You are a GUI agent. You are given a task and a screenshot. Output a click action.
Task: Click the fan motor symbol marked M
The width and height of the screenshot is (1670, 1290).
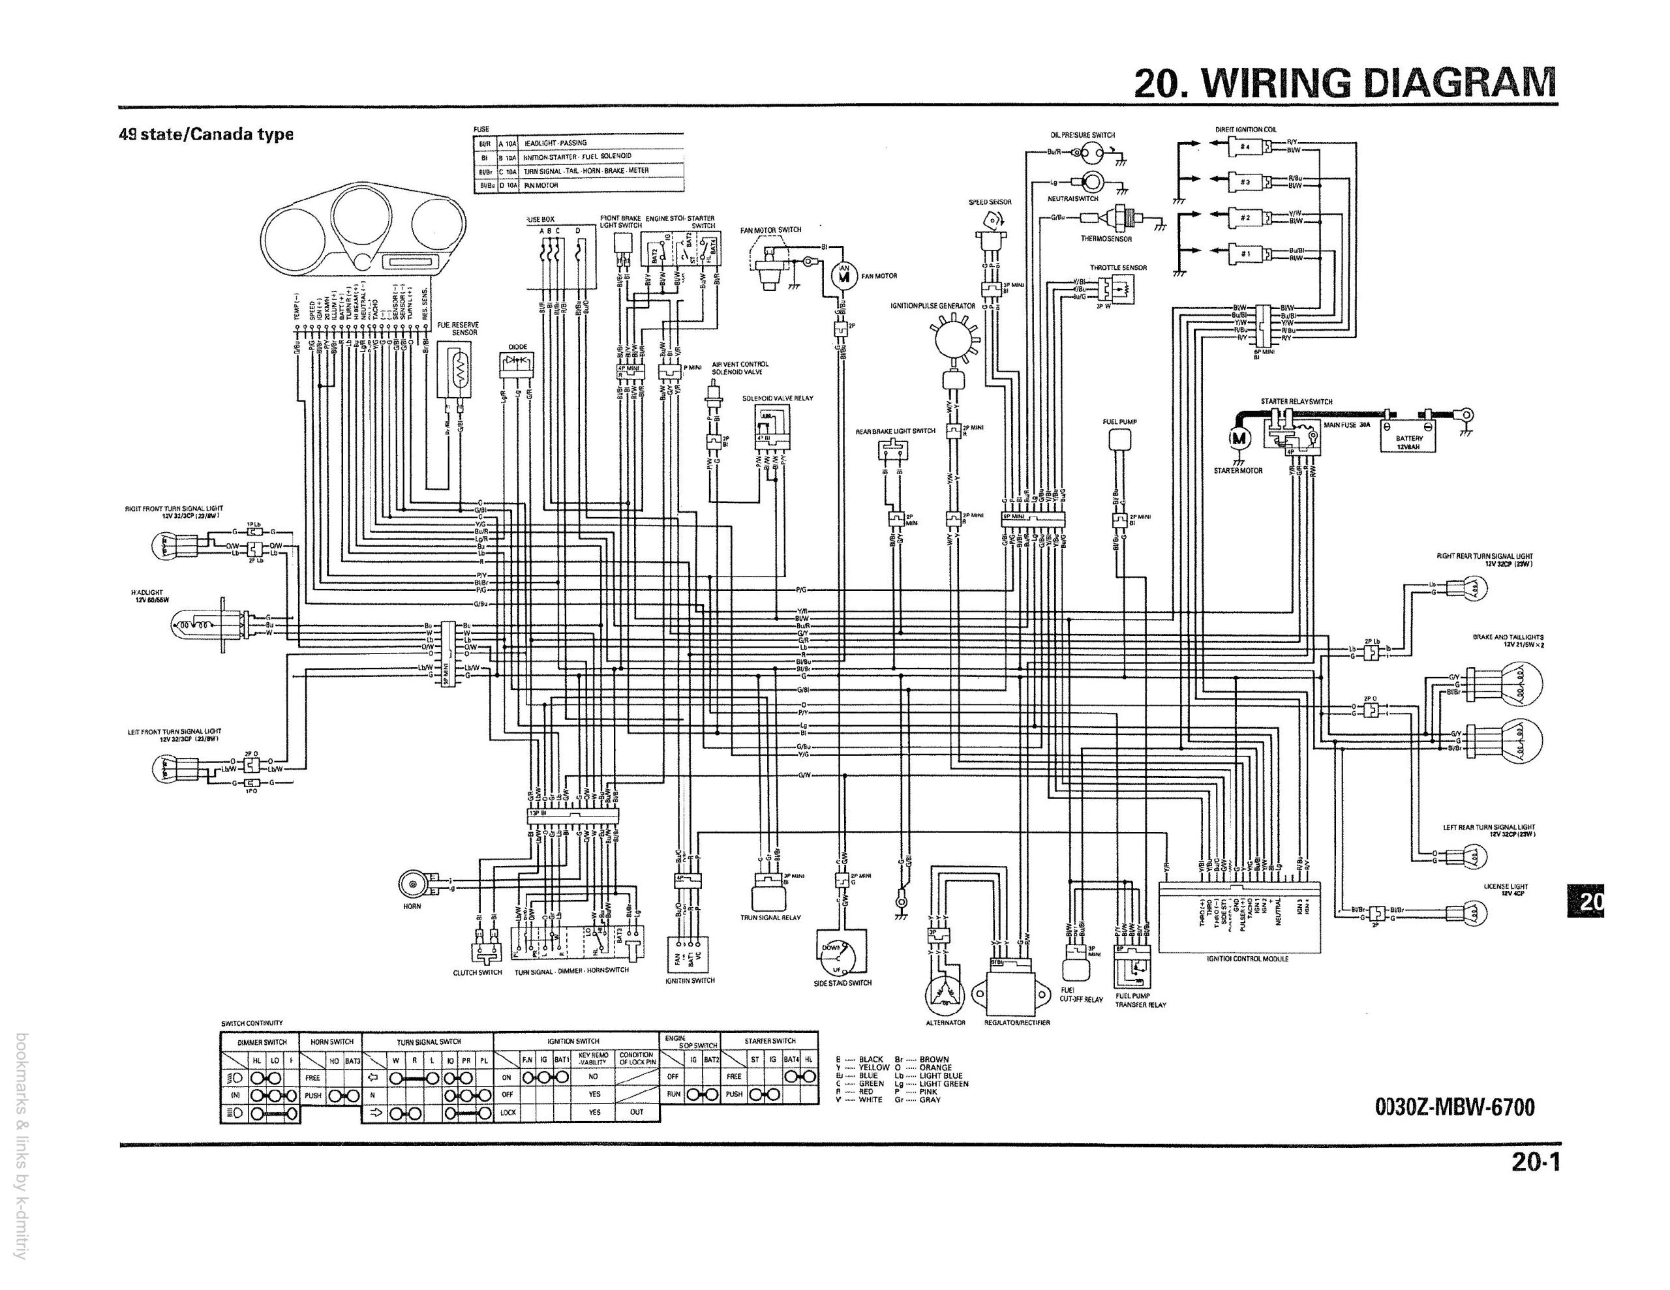coord(843,276)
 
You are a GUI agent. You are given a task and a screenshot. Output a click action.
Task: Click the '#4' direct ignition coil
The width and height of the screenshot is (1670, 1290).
coord(1245,147)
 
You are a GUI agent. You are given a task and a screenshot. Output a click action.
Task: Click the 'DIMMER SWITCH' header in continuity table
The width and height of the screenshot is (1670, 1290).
coord(262,1042)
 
